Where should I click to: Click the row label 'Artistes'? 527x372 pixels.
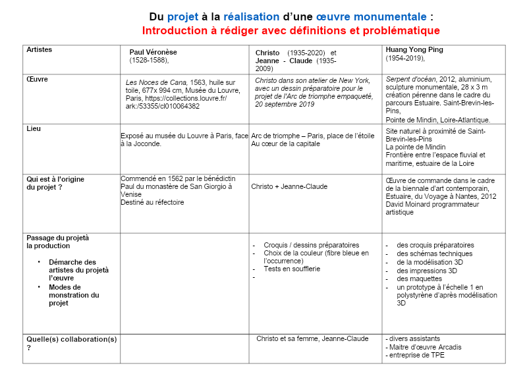39,49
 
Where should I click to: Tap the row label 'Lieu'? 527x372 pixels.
33,128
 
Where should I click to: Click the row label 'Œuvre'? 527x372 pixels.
37,79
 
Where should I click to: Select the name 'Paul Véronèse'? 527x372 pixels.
153,52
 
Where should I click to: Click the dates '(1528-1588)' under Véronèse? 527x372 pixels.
149,60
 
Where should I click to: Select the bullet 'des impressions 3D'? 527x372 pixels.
427,270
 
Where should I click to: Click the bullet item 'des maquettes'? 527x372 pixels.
419,279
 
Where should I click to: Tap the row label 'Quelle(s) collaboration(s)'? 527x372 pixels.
71,339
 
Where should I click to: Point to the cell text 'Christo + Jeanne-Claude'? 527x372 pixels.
289,186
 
